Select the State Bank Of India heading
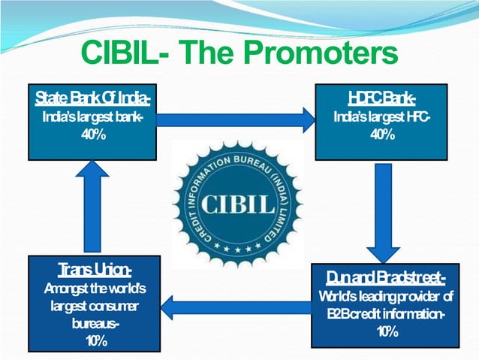pos(92,98)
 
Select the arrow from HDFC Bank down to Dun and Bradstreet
pos(383,211)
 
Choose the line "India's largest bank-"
pos(92,117)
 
